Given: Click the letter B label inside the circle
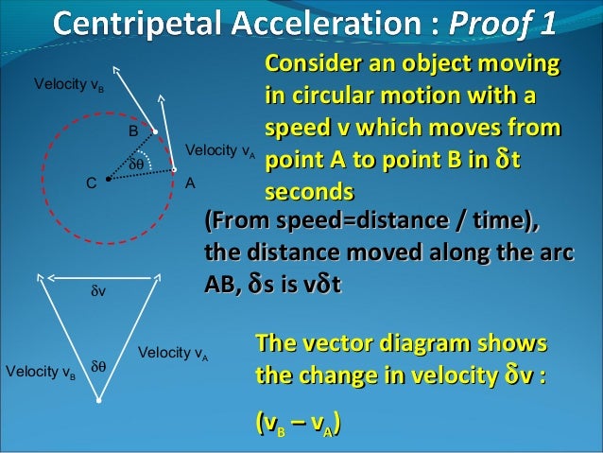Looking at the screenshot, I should coord(134,129).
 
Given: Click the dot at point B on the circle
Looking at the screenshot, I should coord(155,132).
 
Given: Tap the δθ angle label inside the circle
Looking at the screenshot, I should coord(137,164).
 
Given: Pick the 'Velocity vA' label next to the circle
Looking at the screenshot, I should coord(220,150).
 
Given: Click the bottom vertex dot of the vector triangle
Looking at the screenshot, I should coord(98,401).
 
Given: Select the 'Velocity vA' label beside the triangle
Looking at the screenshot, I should coord(173,355).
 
